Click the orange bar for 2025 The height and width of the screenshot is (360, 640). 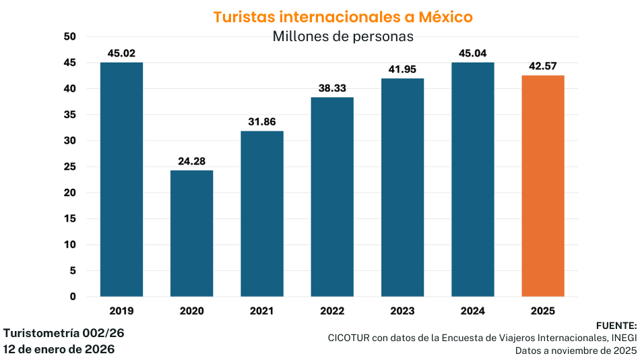(x=543, y=185)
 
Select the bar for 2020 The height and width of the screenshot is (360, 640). (x=191, y=233)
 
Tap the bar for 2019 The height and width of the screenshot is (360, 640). (x=121, y=179)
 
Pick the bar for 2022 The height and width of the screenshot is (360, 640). (x=332, y=197)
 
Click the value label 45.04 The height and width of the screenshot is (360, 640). (x=472, y=53)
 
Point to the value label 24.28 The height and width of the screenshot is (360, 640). (x=191, y=161)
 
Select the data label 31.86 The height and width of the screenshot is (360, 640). (x=261, y=122)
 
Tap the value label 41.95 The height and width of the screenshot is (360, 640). (x=402, y=69)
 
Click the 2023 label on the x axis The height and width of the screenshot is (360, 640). (x=402, y=311)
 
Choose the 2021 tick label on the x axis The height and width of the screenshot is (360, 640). (x=261, y=311)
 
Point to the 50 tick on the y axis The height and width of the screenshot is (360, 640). (x=70, y=36)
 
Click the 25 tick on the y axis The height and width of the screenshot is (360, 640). (x=70, y=167)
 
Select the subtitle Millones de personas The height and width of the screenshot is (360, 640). (x=343, y=36)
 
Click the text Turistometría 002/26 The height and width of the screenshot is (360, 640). (x=63, y=333)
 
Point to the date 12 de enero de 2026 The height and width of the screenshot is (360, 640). (x=59, y=349)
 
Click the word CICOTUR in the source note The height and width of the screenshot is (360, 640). (x=350, y=338)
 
